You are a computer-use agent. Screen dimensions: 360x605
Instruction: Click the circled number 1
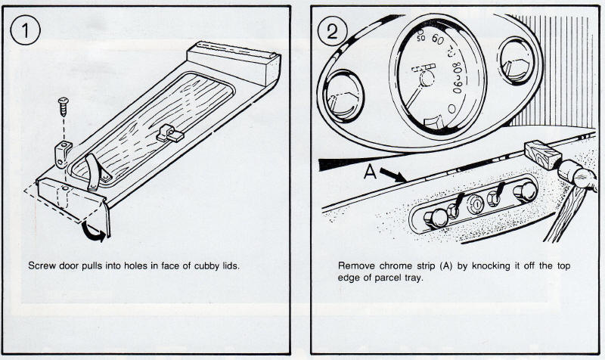click(27, 33)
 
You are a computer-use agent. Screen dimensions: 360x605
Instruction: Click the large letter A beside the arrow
click(371, 172)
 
